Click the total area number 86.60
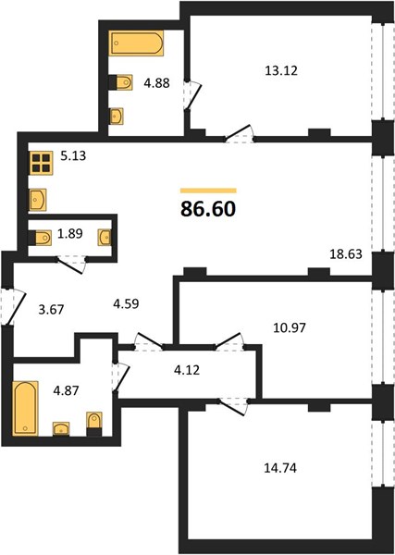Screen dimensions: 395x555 click(208, 209)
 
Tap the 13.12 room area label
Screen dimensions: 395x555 click(281, 71)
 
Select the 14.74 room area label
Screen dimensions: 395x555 click(280, 468)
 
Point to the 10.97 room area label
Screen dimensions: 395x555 click(290, 327)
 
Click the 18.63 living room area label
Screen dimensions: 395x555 click(346, 253)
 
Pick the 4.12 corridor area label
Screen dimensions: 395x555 click(187, 370)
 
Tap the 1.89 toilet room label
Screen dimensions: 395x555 click(69, 234)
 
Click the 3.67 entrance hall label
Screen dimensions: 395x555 click(51, 310)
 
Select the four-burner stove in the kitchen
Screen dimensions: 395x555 click(41, 163)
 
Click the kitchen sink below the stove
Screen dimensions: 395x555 click(38, 200)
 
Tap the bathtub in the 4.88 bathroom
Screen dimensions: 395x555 click(136, 43)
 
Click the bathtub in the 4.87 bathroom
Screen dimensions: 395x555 click(25, 409)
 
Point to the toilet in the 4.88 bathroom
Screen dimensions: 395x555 click(120, 82)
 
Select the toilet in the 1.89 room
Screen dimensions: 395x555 click(40, 238)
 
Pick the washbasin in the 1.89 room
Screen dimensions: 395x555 click(105, 238)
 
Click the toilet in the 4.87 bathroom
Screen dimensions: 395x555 click(94, 424)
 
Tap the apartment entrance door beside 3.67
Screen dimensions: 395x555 click(14, 306)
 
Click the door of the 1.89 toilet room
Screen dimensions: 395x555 click(72, 265)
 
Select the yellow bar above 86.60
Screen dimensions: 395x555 click(208, 191)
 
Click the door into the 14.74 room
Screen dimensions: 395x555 click(233, 406)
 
